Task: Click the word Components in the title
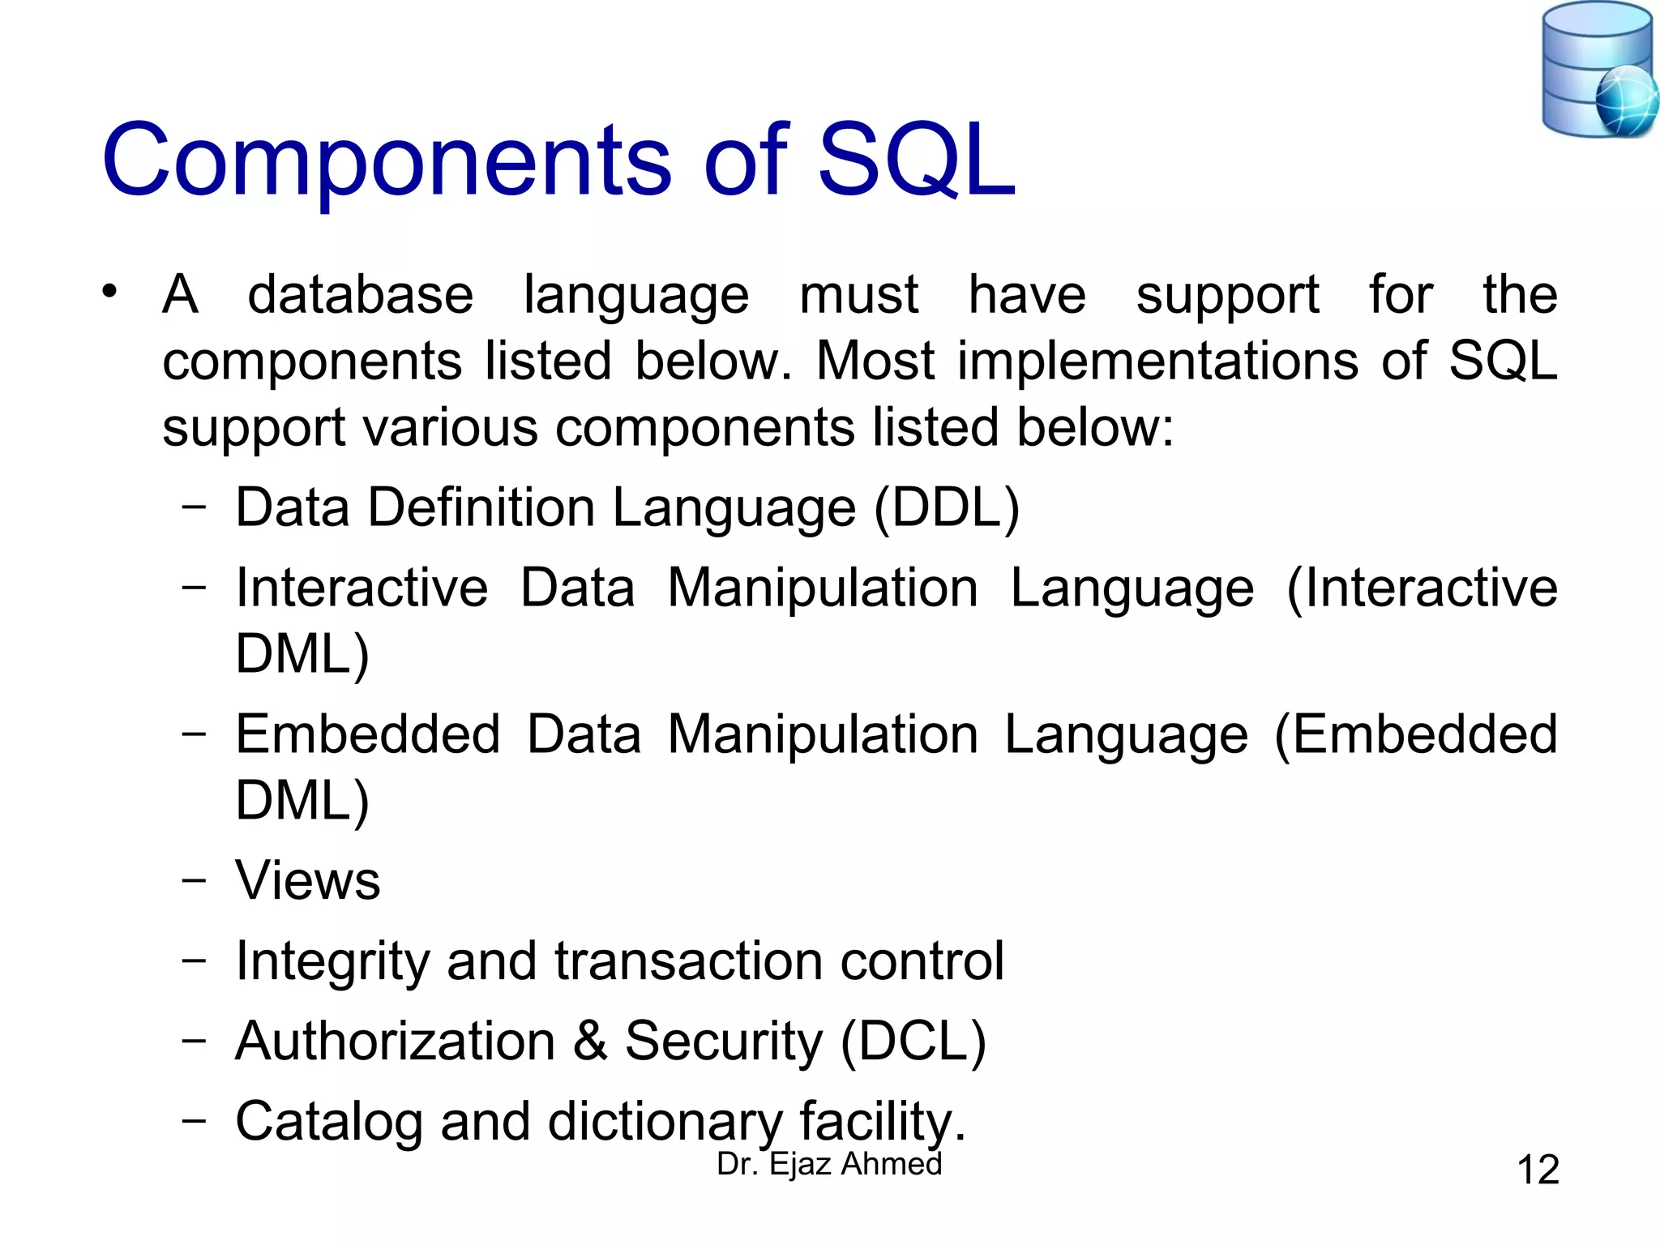pos(386,160)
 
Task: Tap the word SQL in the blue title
pos(916,160)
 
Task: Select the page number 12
pos(1537,1170)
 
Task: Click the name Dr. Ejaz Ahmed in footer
pos(829,1164)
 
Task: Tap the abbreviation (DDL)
pos(947,508)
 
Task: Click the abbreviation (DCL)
pos(913,1041)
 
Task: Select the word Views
pos(307,880)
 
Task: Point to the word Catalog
pos(328,1122)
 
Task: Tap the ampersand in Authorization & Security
pos(590,1041)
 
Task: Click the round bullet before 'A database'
pos(110,291)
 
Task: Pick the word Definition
pos(481,508)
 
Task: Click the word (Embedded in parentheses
pos(1415,735)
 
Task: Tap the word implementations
pos(1157,361)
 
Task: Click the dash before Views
pos(194,880)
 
